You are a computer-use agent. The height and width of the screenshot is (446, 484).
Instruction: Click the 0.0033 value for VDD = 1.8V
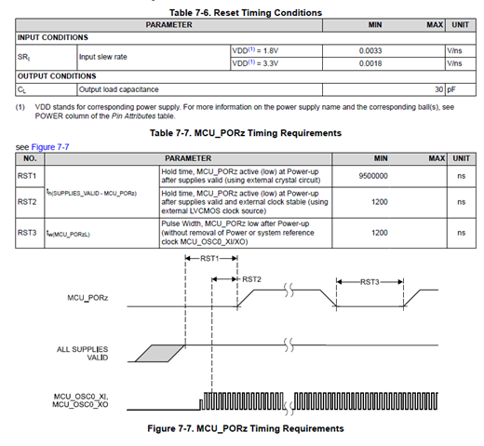370,50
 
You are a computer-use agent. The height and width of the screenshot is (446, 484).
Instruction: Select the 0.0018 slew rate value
370,63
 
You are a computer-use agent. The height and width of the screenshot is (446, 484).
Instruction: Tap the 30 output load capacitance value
438,89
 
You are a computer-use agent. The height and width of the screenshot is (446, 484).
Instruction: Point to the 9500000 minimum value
373,176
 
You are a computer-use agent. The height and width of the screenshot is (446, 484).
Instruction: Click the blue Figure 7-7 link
50,147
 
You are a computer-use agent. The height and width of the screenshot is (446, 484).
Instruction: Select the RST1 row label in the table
27,176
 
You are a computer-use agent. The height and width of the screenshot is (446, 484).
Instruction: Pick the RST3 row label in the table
27,233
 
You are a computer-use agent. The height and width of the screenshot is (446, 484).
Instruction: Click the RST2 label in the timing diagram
251,279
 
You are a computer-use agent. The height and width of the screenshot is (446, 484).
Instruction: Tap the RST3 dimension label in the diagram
370,282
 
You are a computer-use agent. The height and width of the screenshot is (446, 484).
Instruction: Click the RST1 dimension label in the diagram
209,258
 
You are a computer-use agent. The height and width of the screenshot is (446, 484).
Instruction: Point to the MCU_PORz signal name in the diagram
87,298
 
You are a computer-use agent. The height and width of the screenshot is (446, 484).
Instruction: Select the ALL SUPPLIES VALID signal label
83,354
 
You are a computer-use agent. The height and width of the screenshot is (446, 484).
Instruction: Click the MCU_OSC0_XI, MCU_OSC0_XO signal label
80,400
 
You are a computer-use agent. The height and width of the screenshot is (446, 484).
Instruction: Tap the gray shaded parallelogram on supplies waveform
160,353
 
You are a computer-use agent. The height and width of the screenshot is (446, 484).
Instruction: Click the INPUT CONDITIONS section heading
53,37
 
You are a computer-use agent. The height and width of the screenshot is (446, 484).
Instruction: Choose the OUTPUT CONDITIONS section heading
57,76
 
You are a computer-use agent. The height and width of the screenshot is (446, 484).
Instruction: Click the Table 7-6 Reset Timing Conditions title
246,13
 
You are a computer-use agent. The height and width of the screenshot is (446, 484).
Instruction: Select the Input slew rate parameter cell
103,57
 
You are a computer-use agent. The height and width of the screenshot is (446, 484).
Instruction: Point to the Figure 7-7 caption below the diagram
246,428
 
